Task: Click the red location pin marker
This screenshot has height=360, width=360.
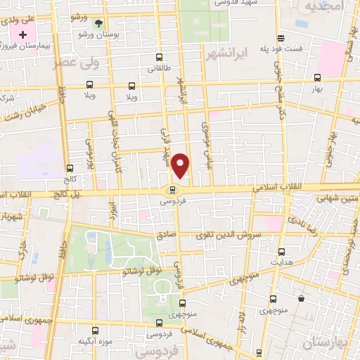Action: pos(181,165)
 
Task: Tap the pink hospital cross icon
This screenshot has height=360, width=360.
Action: pos(24,34)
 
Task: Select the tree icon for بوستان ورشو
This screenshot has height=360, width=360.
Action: pos(98,22)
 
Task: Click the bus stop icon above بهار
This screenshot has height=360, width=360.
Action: pos(317,77)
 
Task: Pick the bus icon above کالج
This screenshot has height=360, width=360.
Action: pos(69,168)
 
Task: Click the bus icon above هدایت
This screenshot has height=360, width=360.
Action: pos(282,252)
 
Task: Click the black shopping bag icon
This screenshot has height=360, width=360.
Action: pos(301,298)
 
